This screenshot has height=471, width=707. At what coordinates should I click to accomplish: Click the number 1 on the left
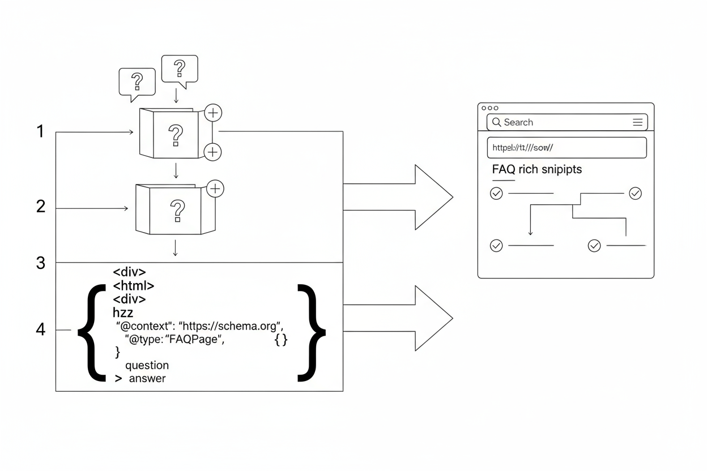click(40, 132)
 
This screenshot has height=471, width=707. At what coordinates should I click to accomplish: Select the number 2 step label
click(40, 207)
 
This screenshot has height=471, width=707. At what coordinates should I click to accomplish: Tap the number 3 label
click(40, 263)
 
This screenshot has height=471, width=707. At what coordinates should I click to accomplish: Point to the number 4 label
click(40, 329)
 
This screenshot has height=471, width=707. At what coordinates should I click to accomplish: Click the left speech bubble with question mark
click(137, 83)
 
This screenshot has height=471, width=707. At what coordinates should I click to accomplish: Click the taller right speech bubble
click(180, 68)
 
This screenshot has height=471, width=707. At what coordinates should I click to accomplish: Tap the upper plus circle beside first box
click(212, 113)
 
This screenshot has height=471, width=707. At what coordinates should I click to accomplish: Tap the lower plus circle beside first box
click(212, 151)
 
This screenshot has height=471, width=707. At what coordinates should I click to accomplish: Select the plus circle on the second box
click(215, 189)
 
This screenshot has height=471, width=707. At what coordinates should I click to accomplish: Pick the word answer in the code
click(147, 379)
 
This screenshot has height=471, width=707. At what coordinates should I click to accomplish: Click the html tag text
click(134, 285)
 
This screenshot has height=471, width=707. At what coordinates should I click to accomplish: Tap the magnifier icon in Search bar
click(496, 122)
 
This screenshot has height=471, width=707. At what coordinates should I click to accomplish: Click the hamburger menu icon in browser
click(637, 122)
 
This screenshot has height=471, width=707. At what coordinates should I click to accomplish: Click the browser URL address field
click(567, 147)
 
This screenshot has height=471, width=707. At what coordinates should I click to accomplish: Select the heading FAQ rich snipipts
click(536, 169)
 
